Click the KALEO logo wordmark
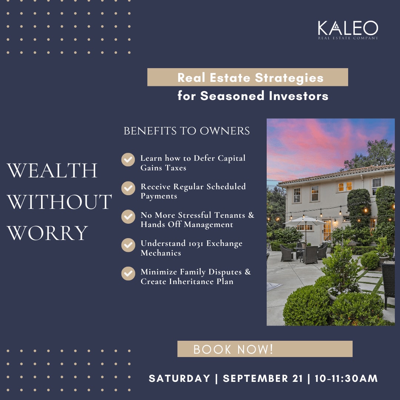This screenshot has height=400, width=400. coord(348,28)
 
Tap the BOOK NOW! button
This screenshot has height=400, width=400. coord(265,349)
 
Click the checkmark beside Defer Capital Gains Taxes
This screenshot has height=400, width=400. coord(128,160)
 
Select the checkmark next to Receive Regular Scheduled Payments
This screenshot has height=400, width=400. coord(128,188)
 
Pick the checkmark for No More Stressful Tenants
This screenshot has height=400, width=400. coord(128,217)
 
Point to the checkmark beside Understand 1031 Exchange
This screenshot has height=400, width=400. coord(128,245)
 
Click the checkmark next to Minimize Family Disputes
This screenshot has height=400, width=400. coord(128,273)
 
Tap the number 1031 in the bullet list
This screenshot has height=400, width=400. coord(196,244)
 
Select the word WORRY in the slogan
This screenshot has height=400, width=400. coord(47,233)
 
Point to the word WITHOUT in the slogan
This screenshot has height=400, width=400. coord(59,201)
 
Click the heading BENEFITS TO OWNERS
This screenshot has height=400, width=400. coord(186,131)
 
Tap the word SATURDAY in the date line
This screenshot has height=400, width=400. coord(179,378)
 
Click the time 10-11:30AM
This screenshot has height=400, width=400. coord(346,378)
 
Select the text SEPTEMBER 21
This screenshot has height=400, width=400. coord(263,378)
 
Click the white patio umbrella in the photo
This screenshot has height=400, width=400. coord(304,220)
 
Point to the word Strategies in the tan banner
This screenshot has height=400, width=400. coord(289,78)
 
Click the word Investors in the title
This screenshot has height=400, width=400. coord(299,96)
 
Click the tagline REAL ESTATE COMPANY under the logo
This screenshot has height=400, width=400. coord(348,38)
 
